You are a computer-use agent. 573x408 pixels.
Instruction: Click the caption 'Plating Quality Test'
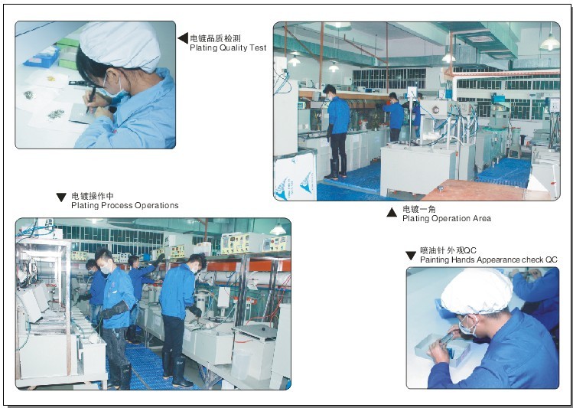[x=228, y=48]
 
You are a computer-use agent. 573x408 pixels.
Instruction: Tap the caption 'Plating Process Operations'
[x=125, y=205]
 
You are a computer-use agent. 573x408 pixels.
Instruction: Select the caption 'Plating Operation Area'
[x=447, y=219]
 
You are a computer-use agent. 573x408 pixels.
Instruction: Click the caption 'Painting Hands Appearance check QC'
[x=489, y=260]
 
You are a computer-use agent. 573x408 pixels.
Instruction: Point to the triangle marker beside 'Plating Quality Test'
[x=184, y=38]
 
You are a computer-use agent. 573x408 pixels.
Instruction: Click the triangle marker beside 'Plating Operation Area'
[x=392, y=212]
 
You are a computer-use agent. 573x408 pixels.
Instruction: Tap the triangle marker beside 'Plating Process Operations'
[x=61, y=197]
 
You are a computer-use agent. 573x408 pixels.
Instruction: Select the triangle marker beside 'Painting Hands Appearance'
[x=411, y=256]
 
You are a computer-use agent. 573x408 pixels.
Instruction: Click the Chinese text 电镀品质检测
[x=215, y=38]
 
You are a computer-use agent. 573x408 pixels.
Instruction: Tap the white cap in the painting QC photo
[x=477, y=292]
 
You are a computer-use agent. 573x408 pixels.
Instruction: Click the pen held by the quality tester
[x=91, y=98]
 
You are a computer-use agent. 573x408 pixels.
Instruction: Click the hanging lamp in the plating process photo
[x=278, y=229]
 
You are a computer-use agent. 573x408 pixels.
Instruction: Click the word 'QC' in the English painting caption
[x=552, y=260]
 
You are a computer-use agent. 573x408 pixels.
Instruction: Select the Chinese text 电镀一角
[x=419, y=209]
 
